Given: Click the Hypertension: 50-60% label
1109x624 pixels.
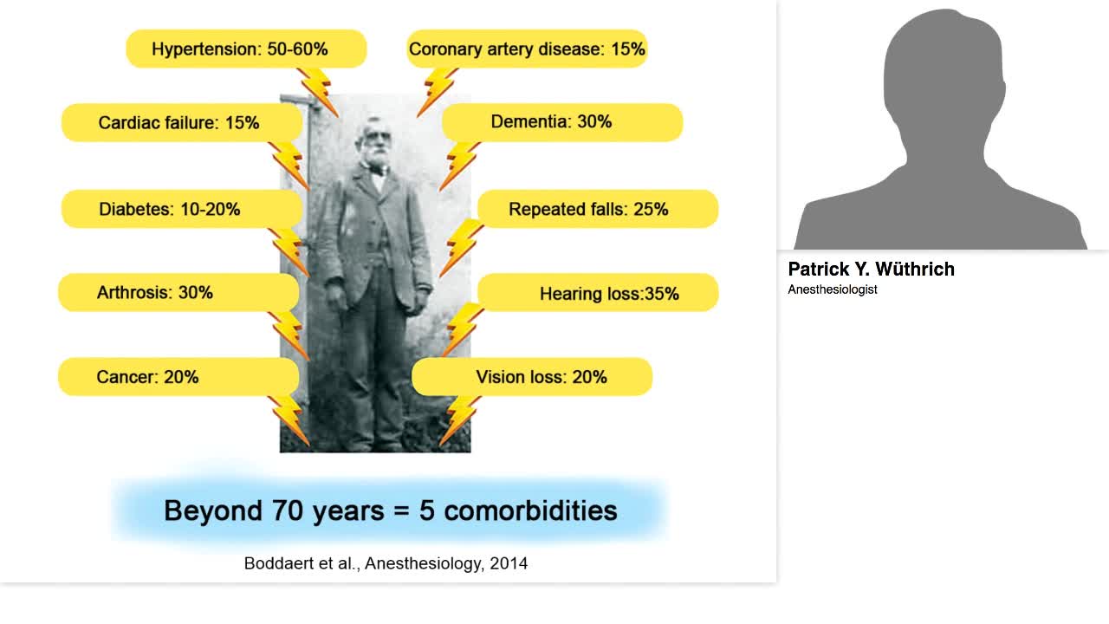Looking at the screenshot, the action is pyautogui.click(x=246, y=49).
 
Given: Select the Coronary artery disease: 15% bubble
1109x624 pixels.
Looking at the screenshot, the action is pyautogui.click(x=528, y=49).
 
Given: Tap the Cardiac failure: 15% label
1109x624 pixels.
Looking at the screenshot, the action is pyautogui.click(x=182, y=122).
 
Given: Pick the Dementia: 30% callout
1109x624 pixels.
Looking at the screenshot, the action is pyautogui.click(x=562, y=122).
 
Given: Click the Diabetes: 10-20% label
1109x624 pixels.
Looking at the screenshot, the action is pyautogui.click(x=182, y=209).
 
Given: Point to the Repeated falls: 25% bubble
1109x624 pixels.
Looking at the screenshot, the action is pyautogui.click(x=598, y=209).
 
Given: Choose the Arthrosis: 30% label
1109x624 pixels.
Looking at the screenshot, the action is pyautogui.click(x=178, y=292).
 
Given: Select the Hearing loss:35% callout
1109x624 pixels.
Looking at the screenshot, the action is pyautogui.click(x=598, y=292).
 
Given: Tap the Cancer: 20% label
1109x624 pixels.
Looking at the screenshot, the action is pyautogui.click(x=178, y=376).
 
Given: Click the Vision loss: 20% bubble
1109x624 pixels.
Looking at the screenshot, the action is pyautogui.click(x=532, y=376).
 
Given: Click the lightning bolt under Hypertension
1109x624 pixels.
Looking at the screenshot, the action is pyautogui.click(x=318, y=93).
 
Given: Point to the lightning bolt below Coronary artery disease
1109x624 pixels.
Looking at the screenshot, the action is pyautogui.click(x=438, y=93).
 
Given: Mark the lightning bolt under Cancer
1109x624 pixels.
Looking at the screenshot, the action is pyautogui.click(x=289, y=421).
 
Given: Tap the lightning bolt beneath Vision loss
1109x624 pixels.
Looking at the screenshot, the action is pyautogui.click(x=460, y=421).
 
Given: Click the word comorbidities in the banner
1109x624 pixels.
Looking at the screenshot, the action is pyautogui.click(x=530, y=510).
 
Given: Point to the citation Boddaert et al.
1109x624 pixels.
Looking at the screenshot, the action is pyautogui.click(x=386, y=563).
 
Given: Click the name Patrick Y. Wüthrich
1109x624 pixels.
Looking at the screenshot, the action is pyautogui.click(x=871, y=269).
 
